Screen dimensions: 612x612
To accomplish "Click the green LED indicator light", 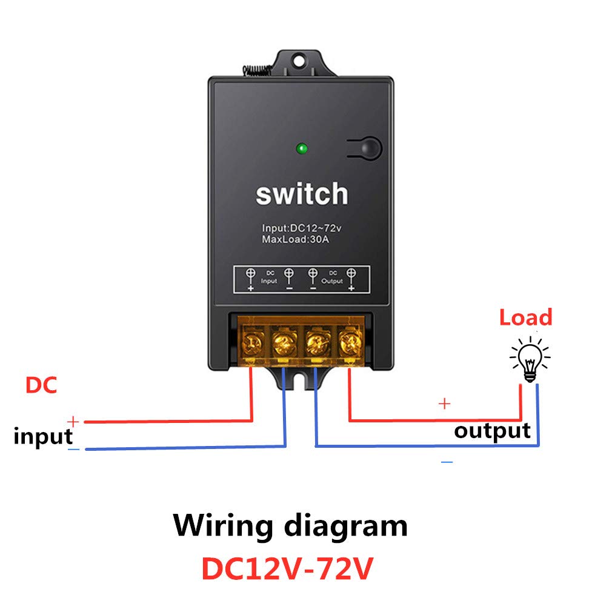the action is pyautogui.click(x=302, y=148).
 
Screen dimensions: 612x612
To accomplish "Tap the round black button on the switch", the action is pyautogui.click(x=370, y=148).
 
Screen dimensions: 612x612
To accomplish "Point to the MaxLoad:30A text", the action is pyautogui.click(x=296, y=239).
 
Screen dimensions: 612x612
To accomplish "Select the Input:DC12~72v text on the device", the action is pyautogui.click(x=301, y=228).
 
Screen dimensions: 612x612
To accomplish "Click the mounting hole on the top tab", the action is pyautogui.click(x=299, y=61).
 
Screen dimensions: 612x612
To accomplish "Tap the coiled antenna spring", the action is pyautogui.click(x=257, y=70).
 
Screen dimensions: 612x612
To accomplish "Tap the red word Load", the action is pyautogui.click(x=526, y=318).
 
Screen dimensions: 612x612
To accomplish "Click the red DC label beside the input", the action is pyautogui.click(x=41, y=385).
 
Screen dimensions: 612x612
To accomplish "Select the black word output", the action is pyautogui.click(x=492, y=431).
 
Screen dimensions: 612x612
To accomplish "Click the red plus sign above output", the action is pyautogui.click(x=445, y=403).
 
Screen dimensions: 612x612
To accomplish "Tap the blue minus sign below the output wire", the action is pyautogui.click(x=447, y=462).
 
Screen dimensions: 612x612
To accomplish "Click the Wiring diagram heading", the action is pyautogui.click(x=290, y=527).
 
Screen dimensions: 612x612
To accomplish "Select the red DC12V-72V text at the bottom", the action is pyautogui.click(x=287, y=569).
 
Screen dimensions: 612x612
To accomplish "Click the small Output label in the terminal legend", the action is pyautogui.click(x=332, y=281).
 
